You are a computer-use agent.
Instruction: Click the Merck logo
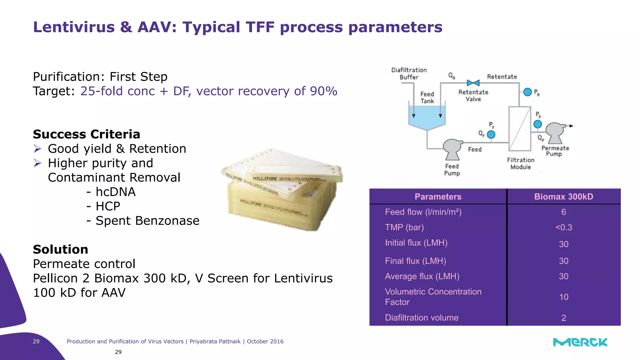pyautogui.click(x=580, y=342)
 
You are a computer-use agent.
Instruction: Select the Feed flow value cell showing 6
pyautogui.click(x=563, y=212)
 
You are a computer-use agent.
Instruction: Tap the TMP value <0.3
pyautogui.click(x=563, y=227)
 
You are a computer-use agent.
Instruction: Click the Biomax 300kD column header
pyautogui.click(x=563, y=197)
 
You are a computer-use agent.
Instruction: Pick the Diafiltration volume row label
pyautogui.click(x=422, y=318)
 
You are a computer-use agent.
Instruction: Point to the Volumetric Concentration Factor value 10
pyautogui.click(x=563, y=297)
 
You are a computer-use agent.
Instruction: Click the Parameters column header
pyautogui.click(x=438, y=197)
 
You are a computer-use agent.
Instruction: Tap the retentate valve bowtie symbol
pyautogui.click(x=473, y=83)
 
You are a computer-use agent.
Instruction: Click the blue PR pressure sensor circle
pyautogui.click(x=527, y=92)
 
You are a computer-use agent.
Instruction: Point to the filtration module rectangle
pyautogui.click(x=520, y=129)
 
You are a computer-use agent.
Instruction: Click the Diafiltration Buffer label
pyautogui.click(x=409, y=73)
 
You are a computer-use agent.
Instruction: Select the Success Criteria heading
pyautogui.click(x=87, y=134)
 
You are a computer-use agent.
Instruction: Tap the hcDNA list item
pyautogui.click(x=115, y=192)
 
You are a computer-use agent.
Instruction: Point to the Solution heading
pyautogui.click(x=61, y=249)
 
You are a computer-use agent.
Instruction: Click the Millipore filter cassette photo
pyautogui.click(x=281, y=191)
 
